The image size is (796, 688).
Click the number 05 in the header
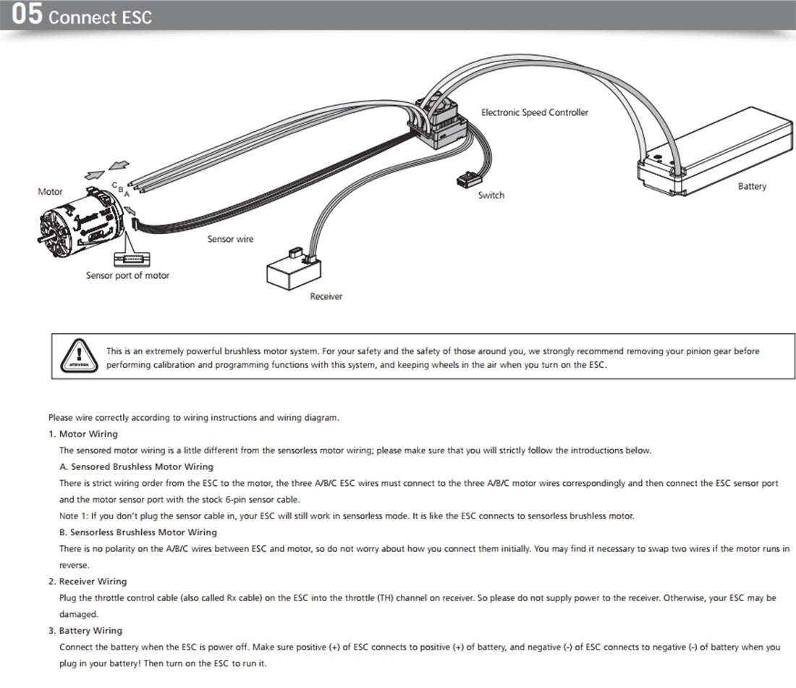coord(27,14)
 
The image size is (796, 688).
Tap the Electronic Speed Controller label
coord(535,112)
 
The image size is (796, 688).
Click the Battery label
coord(752,186)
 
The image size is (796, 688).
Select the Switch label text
coord(491,195)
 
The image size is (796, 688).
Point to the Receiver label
coord(326,296)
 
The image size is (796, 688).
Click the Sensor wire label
coord(230,239)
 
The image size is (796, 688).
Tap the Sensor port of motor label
coord(127,275)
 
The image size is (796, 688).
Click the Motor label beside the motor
coord(50,192)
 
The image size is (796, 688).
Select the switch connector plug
coord(469,180)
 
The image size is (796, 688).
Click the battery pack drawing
coord(715,151)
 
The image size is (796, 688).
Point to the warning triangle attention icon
coord(79,356)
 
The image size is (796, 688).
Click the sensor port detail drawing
coord(132,259)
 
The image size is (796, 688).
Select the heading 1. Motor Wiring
coord(83,434)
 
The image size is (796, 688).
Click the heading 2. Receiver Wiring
coord(88,582)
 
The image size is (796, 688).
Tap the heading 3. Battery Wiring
coord(85,631)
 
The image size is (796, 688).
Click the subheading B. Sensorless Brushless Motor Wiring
coord(138,532)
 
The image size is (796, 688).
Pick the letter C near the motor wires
coord(114,185)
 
